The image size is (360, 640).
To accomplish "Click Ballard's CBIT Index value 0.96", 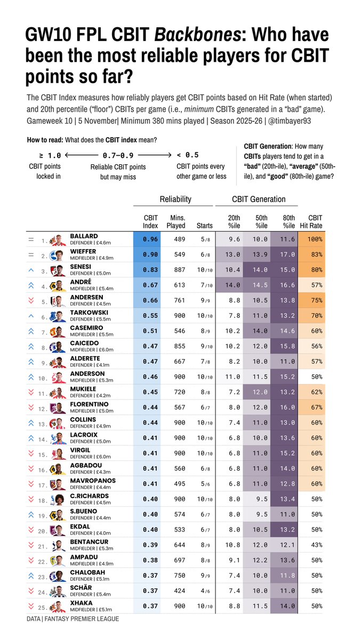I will point(150,239).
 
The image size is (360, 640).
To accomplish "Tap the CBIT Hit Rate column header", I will point(315,221).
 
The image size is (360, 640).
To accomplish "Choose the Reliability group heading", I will point(175,199).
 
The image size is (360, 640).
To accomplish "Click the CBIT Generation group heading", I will point(259,199).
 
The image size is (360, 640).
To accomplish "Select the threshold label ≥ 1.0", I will point(50,155).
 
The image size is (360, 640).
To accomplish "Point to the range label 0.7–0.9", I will point(118,155).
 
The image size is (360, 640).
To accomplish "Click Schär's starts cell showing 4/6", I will point(205,591).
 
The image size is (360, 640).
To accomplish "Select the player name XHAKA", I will point(82,603).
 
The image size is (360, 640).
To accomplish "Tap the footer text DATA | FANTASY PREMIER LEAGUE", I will point(73,619).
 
